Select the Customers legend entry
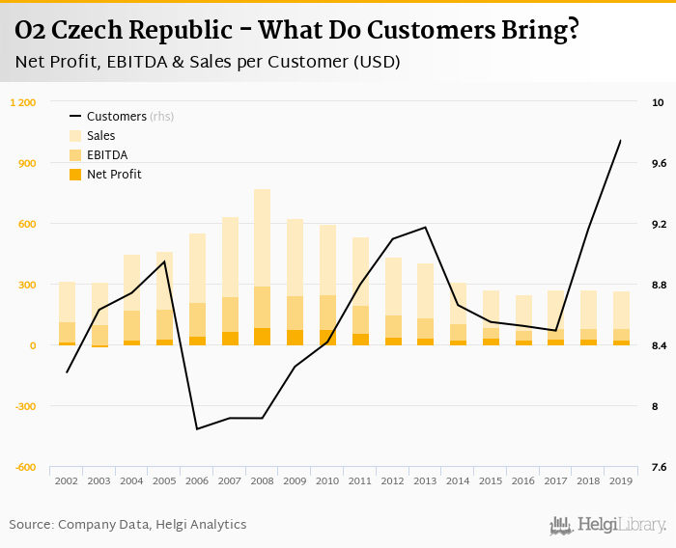[x=114, y=117]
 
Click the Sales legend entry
[x=100, y=136]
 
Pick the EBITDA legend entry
[x=107, y=155]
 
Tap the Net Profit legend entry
[x=114, y=175]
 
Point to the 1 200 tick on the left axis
[x=23, y=102]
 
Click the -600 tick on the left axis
[x=25, y=467]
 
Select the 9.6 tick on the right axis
[x=659, y=163]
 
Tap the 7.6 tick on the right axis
[x=659, y=467]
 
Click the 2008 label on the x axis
[x=262, y=480]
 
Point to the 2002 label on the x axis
[x=67, y=480]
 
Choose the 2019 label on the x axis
[x=620, y=480]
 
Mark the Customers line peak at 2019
[x=620, y=141]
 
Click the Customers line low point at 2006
[x=197, y=428]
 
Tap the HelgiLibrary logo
[x=608, y=525]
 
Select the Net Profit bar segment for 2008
[x=262, y=337]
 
